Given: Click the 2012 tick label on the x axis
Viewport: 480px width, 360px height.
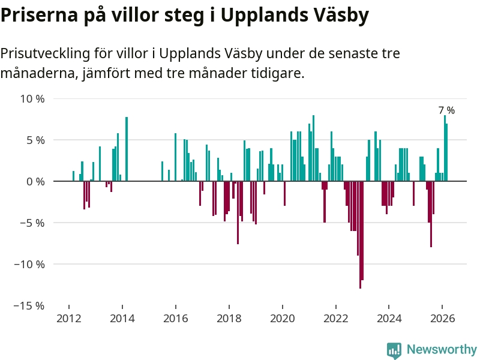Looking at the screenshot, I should (x=69, y=319).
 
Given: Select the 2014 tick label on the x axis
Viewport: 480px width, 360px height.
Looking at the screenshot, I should (x=122, y=319).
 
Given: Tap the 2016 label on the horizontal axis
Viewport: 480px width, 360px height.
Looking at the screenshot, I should (x=175, y=319).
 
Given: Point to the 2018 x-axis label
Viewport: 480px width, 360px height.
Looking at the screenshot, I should (x=229, y=319).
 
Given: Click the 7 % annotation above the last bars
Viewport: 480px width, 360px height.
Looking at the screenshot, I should (x=446, y=110).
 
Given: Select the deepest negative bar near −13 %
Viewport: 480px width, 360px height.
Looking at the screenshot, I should (x=360, y=240).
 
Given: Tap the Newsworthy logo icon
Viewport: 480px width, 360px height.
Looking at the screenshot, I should (x=394, y=350).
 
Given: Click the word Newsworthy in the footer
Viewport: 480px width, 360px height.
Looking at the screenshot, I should (x=442, y=350).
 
